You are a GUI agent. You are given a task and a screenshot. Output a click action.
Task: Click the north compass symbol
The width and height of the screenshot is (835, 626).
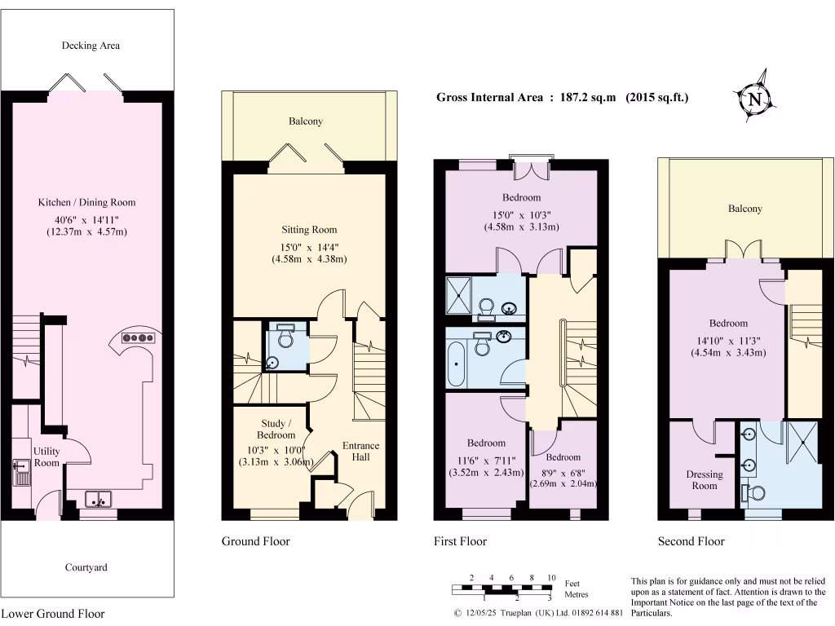(755, 99)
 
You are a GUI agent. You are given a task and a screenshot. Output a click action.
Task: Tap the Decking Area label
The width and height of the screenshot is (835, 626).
(91, 46)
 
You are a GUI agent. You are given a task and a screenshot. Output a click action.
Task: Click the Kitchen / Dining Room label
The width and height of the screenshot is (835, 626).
(86, 202)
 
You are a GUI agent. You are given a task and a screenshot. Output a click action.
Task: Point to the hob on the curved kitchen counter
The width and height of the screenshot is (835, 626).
(139, 337)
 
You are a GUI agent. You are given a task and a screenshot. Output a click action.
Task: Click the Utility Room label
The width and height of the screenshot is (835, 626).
(46, 456)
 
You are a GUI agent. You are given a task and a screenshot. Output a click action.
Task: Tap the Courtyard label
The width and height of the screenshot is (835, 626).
(86, 567)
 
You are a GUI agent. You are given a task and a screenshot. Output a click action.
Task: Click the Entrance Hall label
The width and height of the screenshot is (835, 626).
(360, 451)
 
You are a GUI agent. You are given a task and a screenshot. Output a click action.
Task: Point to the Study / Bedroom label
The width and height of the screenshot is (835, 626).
(273, 429)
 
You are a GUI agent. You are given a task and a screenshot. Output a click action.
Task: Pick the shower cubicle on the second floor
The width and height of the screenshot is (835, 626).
(803, 445)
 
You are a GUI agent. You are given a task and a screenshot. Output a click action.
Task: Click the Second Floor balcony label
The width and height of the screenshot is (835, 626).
(745, 209)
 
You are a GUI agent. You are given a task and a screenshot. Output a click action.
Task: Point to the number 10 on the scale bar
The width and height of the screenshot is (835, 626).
(551, 577)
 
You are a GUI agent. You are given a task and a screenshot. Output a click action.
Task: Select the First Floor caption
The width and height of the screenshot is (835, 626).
(461, 541)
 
